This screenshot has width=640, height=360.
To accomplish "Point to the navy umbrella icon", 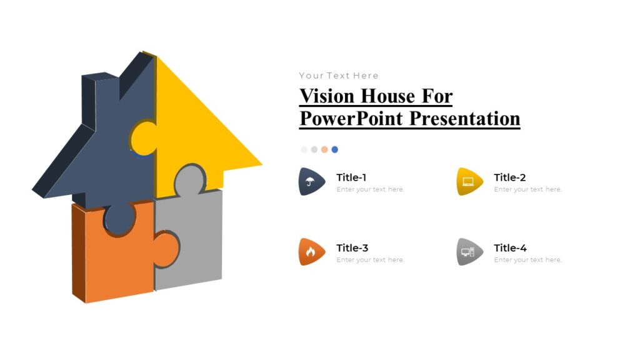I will (311, 182).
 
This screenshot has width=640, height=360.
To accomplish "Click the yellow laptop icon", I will (469, 182).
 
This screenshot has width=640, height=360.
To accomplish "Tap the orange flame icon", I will (311, 252).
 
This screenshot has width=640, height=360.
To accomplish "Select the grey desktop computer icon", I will (469, 252).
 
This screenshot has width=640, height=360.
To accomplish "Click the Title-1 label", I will (351, 177).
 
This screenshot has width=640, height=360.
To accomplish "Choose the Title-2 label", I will (510, 177).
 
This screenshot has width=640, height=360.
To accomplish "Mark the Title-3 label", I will (352, 248).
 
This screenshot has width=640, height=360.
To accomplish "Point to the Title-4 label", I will (510, 248).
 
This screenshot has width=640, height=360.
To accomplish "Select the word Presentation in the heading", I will (465, 118).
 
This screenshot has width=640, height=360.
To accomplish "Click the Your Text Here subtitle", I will (339, 76).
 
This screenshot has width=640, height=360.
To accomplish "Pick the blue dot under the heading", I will (334, 149).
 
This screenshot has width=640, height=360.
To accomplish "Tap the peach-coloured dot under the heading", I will (324, 149).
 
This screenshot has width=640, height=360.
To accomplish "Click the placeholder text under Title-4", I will (527, 260).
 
